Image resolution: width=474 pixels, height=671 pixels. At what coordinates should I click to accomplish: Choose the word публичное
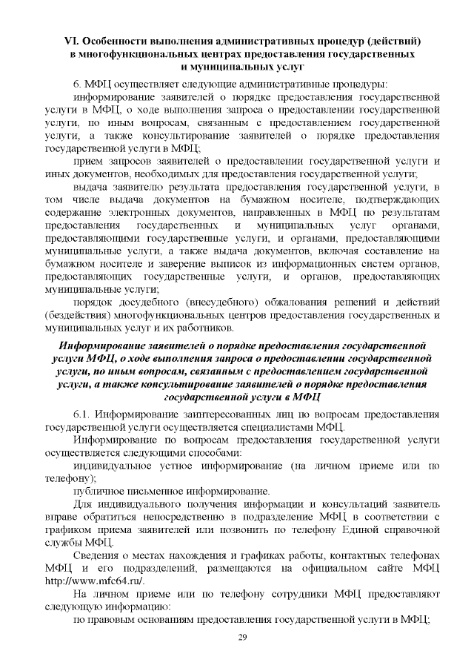[x=100, y=491]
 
